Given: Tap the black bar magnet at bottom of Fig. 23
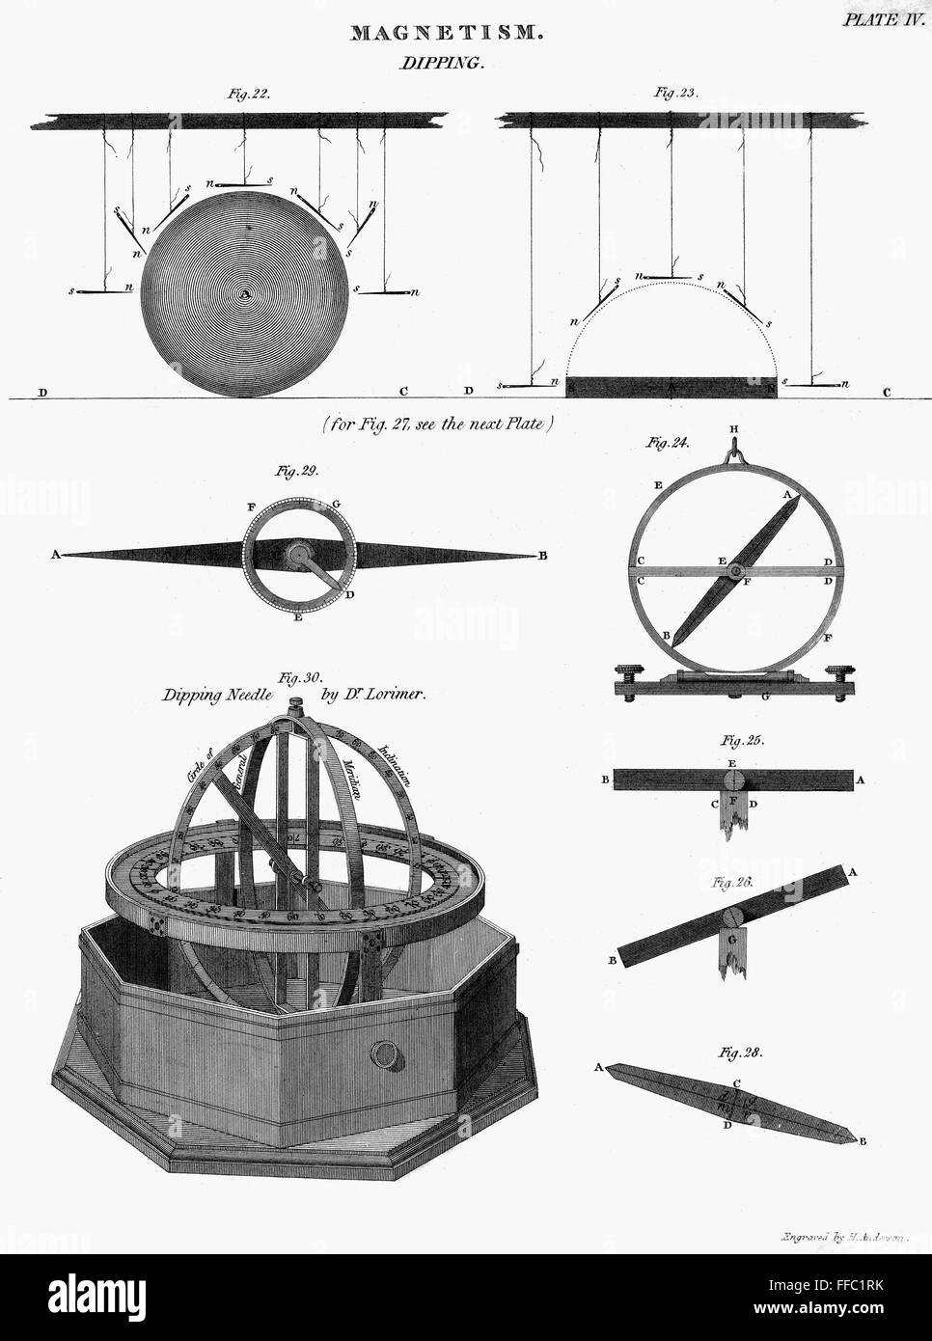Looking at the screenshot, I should [x=672, y=387].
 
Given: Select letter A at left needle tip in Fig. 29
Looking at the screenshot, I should [x=55, y=556].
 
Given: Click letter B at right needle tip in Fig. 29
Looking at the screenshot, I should [x=543, y=556].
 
